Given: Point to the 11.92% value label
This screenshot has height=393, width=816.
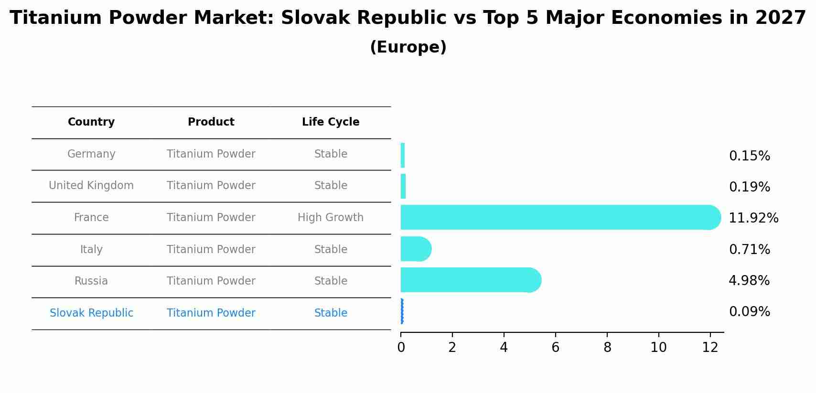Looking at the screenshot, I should pos(753,218).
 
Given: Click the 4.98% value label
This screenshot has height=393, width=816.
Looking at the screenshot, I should pos(749,281).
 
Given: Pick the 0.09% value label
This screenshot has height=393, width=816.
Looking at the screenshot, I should pos(749,312).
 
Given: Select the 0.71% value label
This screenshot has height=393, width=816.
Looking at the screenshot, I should pos(749,250).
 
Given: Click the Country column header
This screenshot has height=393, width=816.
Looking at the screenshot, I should pos(91,122).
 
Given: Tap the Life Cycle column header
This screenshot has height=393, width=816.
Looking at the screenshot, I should pos(331,122).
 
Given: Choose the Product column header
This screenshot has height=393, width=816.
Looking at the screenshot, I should pos(211,122).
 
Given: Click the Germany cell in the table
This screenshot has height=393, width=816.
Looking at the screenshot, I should pos(91,154).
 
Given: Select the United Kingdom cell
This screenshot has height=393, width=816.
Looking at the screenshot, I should pos(91,186).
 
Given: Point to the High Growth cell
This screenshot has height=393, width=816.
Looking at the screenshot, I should pos(331,218).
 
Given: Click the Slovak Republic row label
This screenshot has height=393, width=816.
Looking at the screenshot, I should pos(91,313).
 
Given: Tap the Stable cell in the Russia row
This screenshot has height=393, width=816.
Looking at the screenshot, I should pos(331,281).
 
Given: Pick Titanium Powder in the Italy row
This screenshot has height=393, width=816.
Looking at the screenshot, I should pos(211,249).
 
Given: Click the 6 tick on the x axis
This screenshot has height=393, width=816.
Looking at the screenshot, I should pos(555,348).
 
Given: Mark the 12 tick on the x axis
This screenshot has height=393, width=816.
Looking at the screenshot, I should pos(710,348).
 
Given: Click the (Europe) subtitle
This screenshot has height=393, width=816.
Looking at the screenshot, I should pos(408,47).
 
